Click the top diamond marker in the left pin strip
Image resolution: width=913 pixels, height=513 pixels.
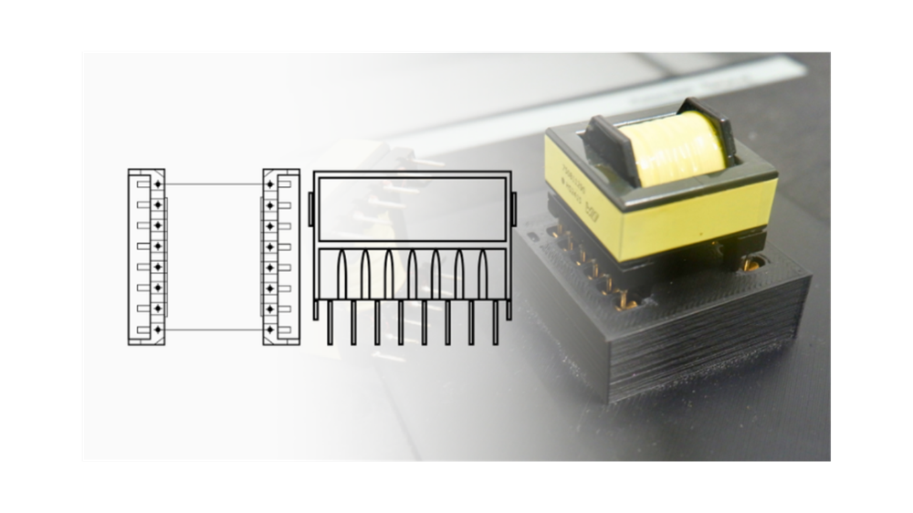tap(158, 185)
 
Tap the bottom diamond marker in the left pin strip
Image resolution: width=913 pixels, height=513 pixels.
tap(158, 329)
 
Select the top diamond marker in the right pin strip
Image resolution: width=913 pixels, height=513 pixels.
tap(269, 185)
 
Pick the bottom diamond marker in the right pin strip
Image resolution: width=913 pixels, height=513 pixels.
tap(269, 329)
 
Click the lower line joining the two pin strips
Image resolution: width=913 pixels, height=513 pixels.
tap(214, 329)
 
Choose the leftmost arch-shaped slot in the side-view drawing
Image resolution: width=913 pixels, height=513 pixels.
tap(341, 273)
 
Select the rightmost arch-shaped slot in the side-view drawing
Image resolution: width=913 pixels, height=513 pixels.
tap(482, 273)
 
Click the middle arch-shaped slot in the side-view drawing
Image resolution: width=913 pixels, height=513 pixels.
tap(412, 273)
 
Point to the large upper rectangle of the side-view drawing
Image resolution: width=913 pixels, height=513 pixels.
tap(412, 209)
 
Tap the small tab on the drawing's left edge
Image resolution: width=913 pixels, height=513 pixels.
tap(310, 209)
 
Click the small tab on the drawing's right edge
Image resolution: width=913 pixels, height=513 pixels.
tap(514, 209)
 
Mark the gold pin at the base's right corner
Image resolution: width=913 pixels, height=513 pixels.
tap(751, 264)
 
